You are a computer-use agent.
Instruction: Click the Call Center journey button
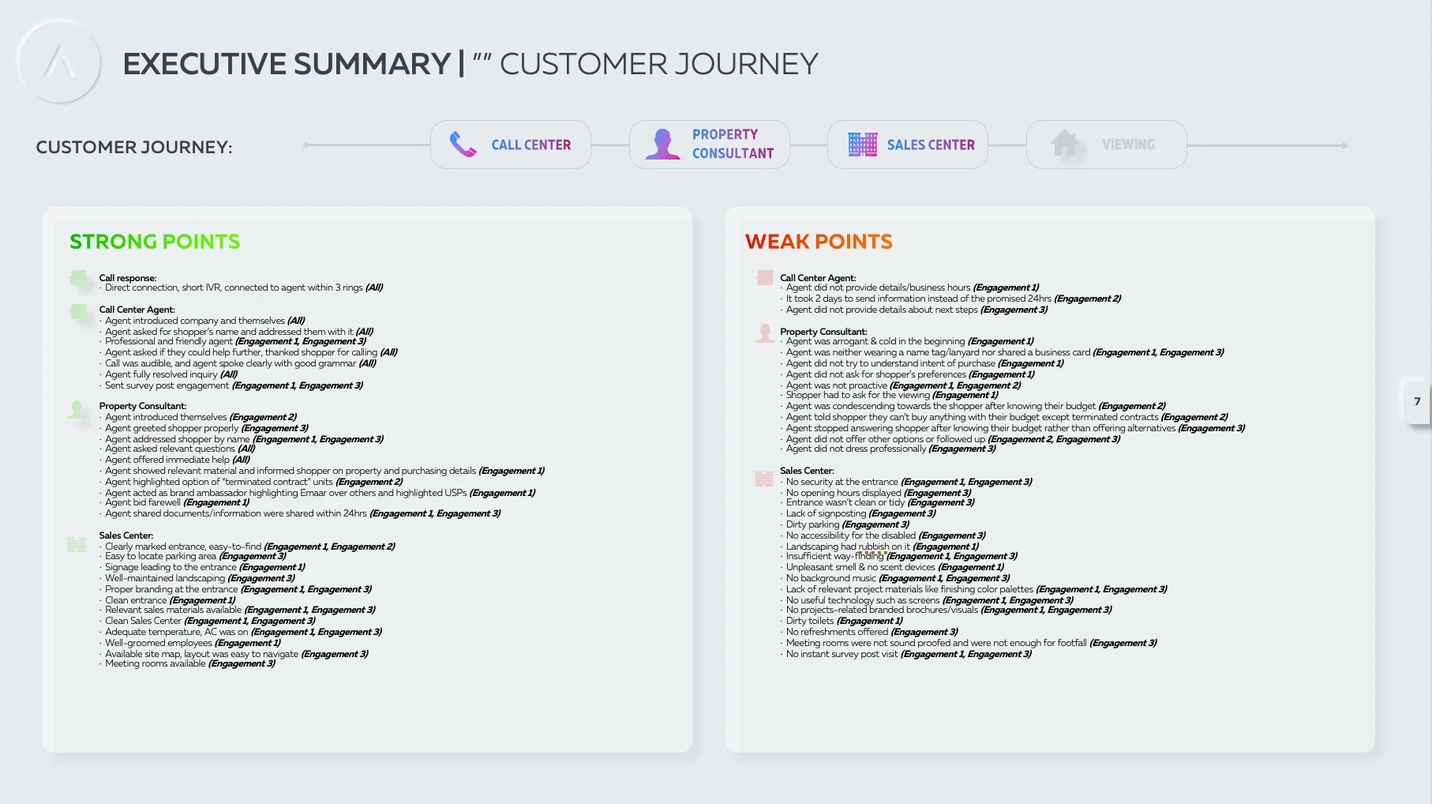(x=511, y=145)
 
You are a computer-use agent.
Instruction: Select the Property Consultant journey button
(x=710, y=145)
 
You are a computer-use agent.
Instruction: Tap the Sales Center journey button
(x=908, y=145)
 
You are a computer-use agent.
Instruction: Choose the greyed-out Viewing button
(x=1107, y=145)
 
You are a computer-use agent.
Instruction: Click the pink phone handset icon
(x=463, y=145)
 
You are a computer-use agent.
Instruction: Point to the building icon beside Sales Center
(x=863, y=145)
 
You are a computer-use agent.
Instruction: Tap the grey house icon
(x=1065, y=144)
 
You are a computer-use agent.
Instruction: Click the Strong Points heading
(x=155, y=242)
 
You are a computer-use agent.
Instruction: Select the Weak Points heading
(x=819, y=242)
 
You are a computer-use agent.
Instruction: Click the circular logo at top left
(x=59, y=62)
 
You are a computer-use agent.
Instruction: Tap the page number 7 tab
(x=1417, y=401)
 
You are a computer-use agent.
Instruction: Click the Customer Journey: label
(x=134, y=148)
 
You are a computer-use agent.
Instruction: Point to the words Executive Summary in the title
(x=287, y=64)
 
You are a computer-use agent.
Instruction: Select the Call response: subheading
(x=128, y=278)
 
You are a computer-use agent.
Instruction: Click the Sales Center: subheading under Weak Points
(x=807, y=471)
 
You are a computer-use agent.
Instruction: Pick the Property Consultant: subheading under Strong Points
(x=143, y=406)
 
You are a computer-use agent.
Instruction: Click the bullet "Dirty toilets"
(x=844, y=621)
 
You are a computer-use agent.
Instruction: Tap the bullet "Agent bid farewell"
(x=177, y=502)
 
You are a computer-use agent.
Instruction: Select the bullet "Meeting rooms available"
(x=190, y=663)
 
